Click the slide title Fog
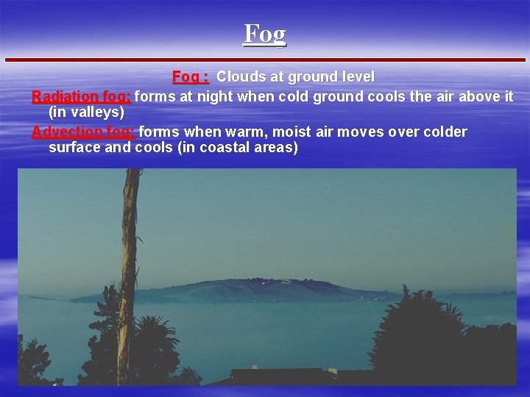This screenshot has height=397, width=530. pos(264,34)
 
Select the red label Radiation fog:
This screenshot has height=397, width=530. pos(81,96)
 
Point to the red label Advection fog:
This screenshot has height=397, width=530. pos(83,132)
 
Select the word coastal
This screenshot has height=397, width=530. pos(211,147)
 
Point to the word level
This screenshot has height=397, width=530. pos(356,76)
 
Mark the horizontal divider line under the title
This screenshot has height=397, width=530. pos(265,59)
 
